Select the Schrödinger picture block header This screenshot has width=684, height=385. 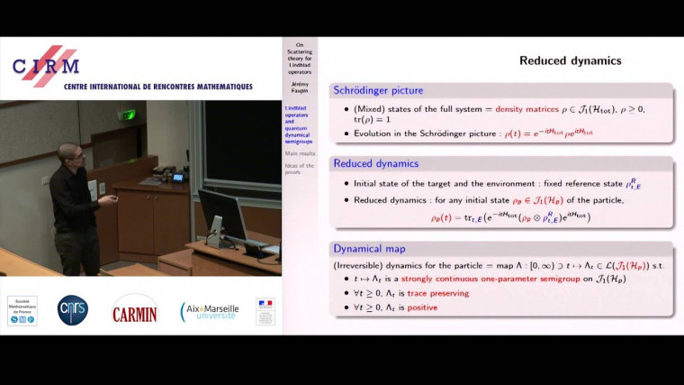point(378,90)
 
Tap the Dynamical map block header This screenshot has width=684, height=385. point(371,247)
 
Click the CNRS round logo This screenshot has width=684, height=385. point(72,310)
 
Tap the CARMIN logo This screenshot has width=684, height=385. point(135,312)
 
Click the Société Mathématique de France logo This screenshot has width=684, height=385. point(22,310)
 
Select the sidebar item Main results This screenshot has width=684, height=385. point(300,153)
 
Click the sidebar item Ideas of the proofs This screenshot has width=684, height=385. point(300,169)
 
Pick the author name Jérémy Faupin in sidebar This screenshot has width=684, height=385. point(300,87)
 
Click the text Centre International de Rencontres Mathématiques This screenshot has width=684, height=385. point(157,87)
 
